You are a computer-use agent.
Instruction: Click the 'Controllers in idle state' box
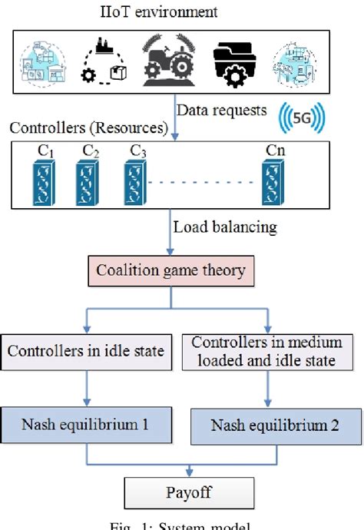point(86,351)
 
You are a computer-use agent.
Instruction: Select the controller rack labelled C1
point(35,181)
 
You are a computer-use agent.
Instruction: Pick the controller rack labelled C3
point(136,181)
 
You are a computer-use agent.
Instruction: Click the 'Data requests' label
point(222,111)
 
